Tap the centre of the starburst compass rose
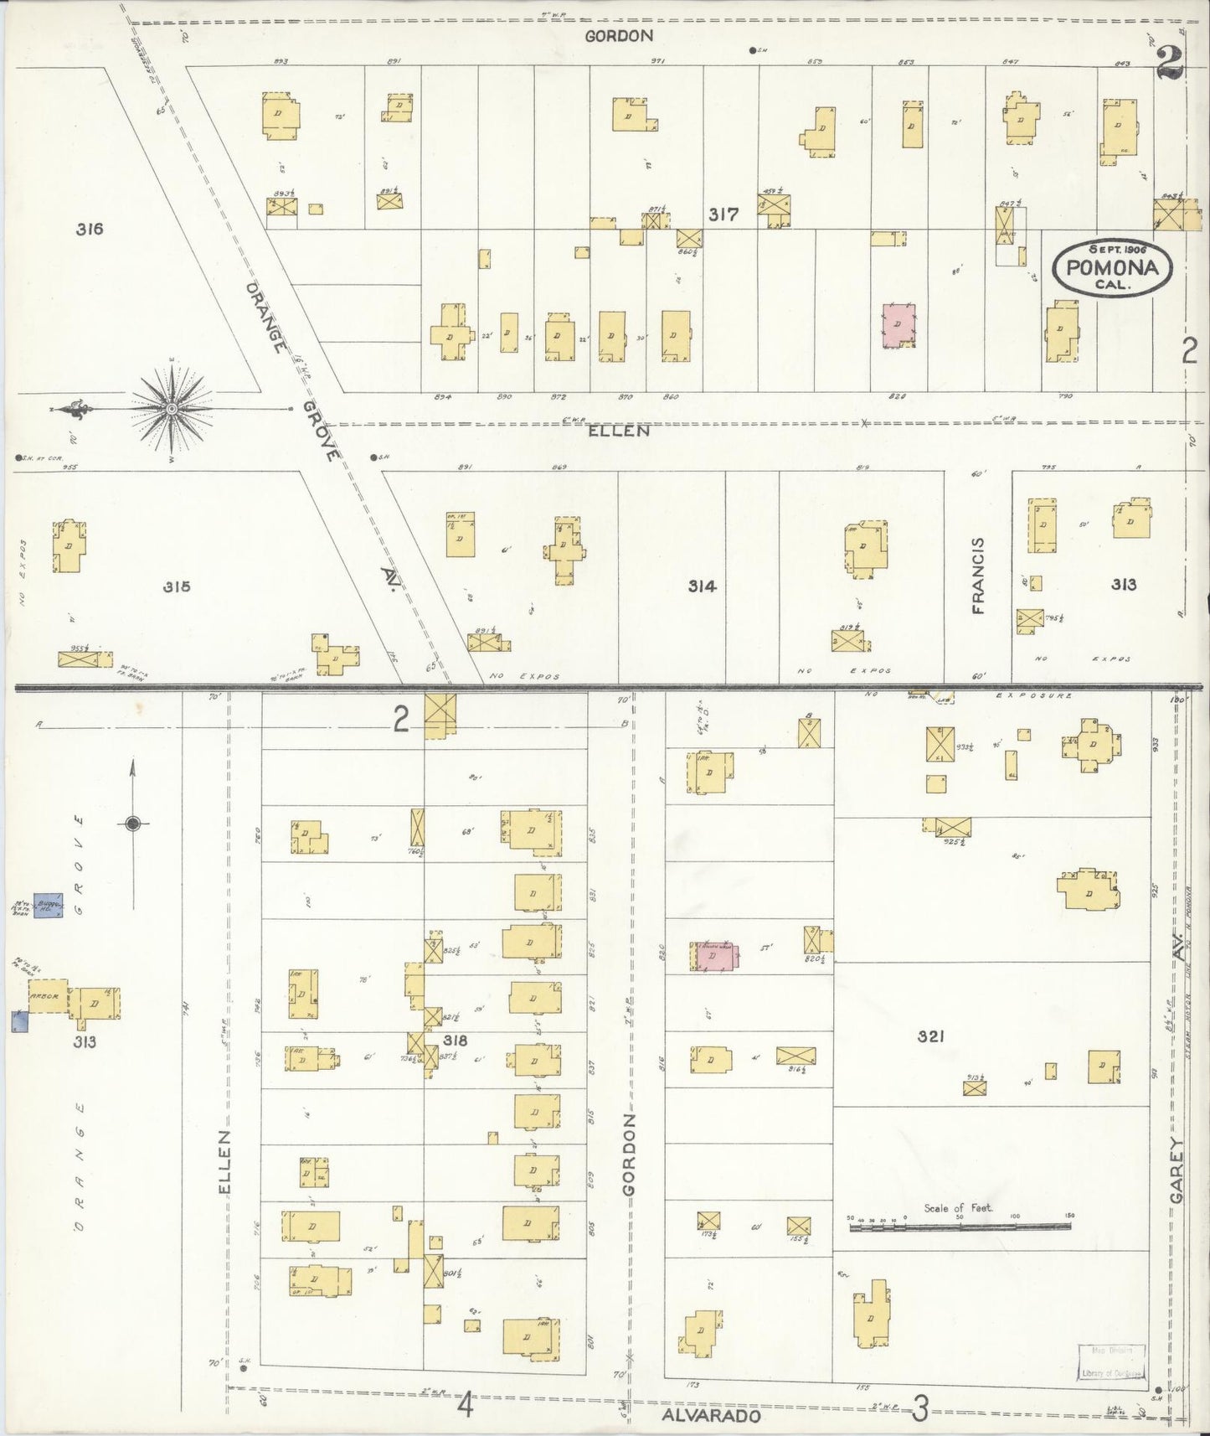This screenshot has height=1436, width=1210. pyautogui.click(x=171, y=408)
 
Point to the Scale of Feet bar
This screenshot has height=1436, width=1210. pyautogui.click(x=960, y=1227)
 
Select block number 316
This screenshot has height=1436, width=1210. pyautogui.click(x=89, y=229)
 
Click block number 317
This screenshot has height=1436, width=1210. pyautogui.click(x=723, y=214)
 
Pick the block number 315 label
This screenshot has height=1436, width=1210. pyautogui.click(x=177, y=586)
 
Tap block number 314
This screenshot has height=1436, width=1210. pyautogui.click(x=702, y=586)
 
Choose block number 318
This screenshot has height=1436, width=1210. pyautogui.click(x=455, y=1041)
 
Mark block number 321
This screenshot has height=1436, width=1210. pyautogui.click(x=930, y=1036)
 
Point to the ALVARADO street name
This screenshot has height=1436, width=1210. pyautogui.click(x=711, y=1415)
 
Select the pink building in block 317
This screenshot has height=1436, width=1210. pyautogui.click(x=898, y=326)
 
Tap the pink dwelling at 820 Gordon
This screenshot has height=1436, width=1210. pyautogui.click(x=713, y=956)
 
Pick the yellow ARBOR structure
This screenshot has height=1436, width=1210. pyautogui.click(x=49, y=998)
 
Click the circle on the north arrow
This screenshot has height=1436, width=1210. pyautogui.click(x=132, y=824)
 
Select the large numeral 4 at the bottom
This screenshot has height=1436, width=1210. pyautogui.click(x=466, y=1404)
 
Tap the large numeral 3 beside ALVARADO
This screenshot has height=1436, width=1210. pyautogui.click(x=919, y=1409)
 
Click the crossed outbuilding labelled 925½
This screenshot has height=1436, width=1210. pyautogui.click(x=952, y=827)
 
